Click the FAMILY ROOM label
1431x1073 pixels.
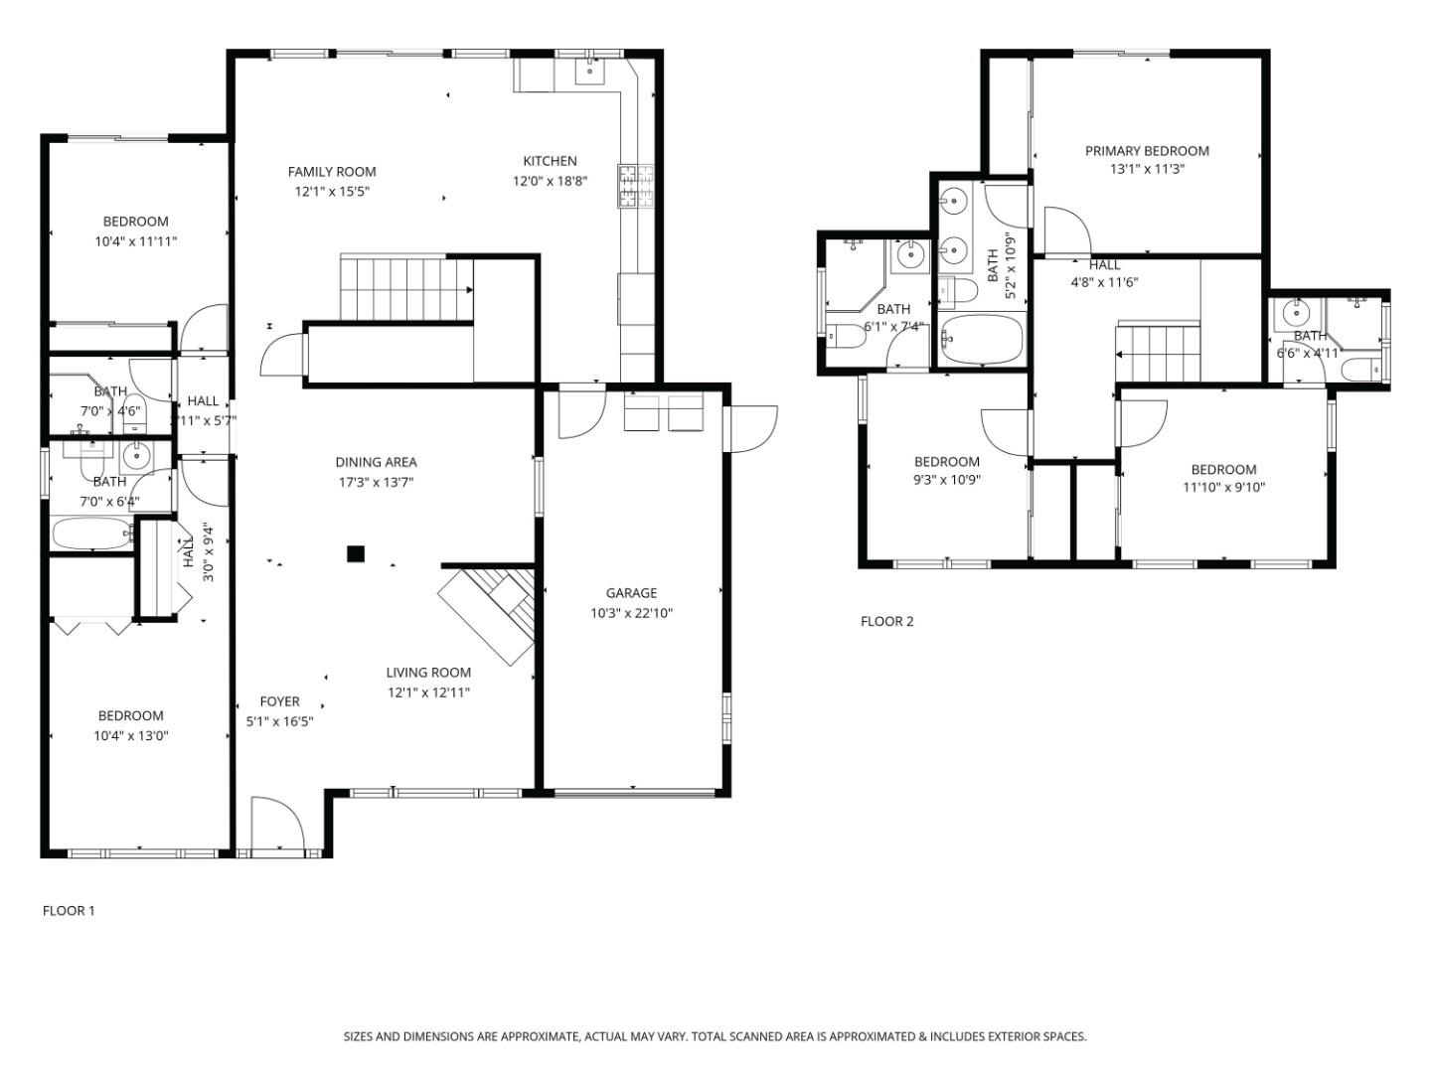tap(332, 172)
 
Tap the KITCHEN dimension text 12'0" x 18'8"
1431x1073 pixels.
tap(550, 181)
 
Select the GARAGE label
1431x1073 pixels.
tap(631, 593)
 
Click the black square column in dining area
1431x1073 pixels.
tap(356, 553)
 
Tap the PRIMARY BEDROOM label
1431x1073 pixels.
tap(1147, 151)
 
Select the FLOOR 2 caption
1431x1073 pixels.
tap(886, 622)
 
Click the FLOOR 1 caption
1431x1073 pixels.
tap(69, 910)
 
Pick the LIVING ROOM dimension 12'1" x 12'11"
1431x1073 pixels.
tap(428, 692)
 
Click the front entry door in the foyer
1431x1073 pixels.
tap(275, 825)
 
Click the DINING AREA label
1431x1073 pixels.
tap(376, 462)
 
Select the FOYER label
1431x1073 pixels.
tap(279, 701)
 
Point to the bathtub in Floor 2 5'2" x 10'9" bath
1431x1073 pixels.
tap(982, 340)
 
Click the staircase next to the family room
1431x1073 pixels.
tap(404, 288)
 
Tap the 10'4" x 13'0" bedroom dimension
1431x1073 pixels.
tap(130, 736)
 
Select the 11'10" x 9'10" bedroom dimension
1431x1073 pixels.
tap(1223, 487)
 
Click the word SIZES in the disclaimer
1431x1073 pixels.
tap(358, 1036)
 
